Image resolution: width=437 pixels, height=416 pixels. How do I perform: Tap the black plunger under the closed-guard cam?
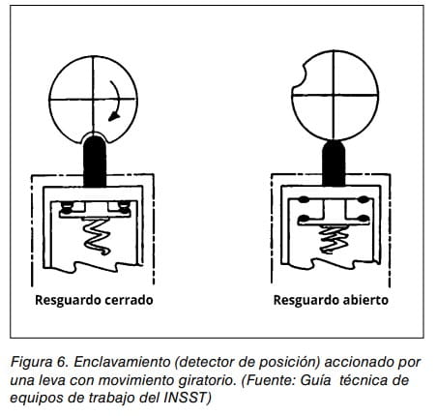[x=95, y=162]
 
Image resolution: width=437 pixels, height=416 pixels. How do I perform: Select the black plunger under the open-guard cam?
[x=334, y=163]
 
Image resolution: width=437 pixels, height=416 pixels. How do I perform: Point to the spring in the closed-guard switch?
[x=97, y=236]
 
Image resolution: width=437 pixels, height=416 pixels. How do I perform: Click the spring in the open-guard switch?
[x=333, y=239]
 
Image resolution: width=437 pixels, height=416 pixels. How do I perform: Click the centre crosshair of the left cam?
[x=94, y=100]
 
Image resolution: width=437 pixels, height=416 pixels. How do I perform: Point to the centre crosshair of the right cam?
[x=334, y=96]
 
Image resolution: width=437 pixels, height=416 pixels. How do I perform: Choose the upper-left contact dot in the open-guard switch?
[x=303, y=199]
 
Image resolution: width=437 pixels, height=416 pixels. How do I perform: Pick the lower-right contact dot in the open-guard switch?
[x=364, y=219]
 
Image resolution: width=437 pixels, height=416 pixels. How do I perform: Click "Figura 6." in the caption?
[x=40, y=362]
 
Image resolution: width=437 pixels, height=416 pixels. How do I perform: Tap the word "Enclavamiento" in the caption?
[x=122, y=362]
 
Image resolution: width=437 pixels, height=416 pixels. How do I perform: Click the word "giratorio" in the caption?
[x=206, y=380]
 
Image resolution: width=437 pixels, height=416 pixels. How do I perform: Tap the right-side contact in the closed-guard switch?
[x=125, y=208]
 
